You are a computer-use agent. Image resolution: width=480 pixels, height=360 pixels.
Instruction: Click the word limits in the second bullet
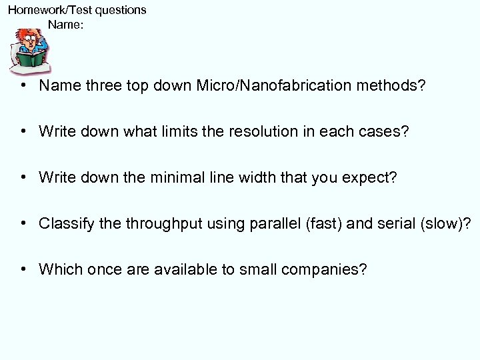coord(173,131)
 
